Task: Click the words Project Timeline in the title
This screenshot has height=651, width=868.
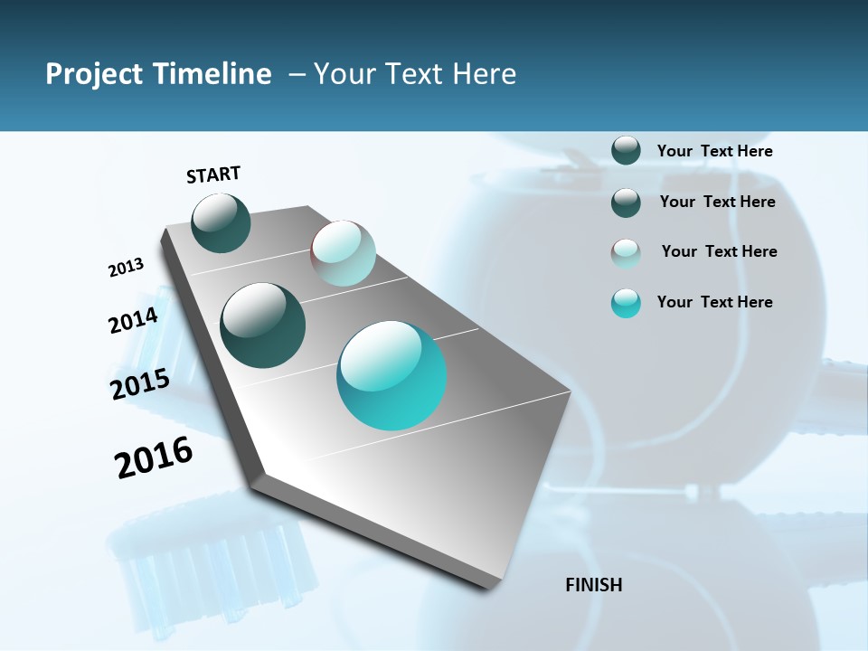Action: pyautogui.click(x=158, y=74)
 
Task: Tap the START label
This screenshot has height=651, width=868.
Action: pyautogui.click(x=213, y=175)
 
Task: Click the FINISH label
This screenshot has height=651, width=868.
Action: pyautogui.click(x=593, y=585)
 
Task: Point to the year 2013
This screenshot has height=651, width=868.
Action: pyautogui.click(x=126, y=268)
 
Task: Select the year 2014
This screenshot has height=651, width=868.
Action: pyautogui.click(x=133, y=321)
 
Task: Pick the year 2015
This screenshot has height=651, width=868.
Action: pyautogui.click(x=140, y=384)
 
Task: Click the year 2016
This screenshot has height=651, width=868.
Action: pyautogui.click(x=154, y=458)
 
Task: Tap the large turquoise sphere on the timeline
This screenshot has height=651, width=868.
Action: pyautogui.click(x=392, y=375)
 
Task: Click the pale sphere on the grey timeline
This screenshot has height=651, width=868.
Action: pyautogui.click(x=343, y=253)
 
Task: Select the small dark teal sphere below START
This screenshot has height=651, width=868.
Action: pyautogui.click(x=221, y=222)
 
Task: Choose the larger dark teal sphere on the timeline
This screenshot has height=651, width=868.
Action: pyautogui.click(x=262, y=325)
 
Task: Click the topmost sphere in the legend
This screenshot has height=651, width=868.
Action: pyautogui.click(x=626, y=151)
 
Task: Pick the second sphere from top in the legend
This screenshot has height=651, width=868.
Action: pyautogui.click(x=626, y=203)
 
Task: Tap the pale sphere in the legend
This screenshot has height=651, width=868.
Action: pyautogui.click(x=626, y=253)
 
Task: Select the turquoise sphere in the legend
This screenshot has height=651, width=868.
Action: pyautogui.click(x=626, y=303)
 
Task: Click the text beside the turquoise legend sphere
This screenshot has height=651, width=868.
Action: pyautogui.click(x=714, y=302)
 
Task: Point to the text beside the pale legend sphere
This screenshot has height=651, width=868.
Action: pyautogui.click(x=719, y=251)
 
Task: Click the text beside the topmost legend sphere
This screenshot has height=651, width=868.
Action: pyautogui.click(x=714, y=152)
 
